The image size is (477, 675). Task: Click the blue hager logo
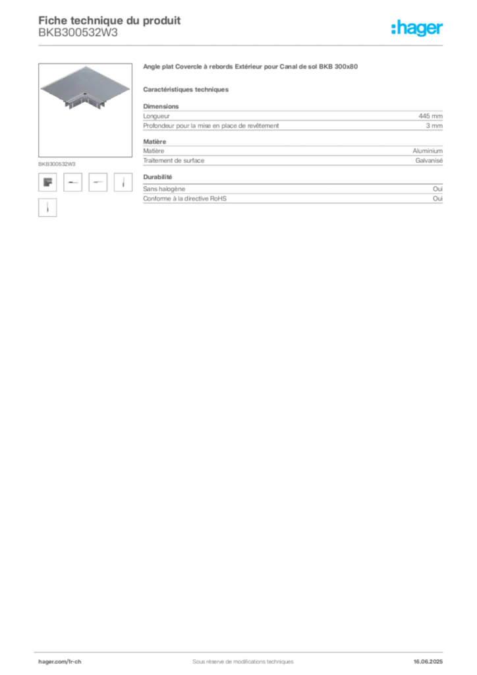point(418,29)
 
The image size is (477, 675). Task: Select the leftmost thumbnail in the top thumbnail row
point(47,181)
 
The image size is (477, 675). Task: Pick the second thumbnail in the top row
point(72,182)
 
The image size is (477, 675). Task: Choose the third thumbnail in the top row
point(98,182)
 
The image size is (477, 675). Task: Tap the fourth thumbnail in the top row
point(123,181)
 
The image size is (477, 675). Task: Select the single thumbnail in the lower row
point(47,208)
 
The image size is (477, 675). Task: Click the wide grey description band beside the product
point(292,118)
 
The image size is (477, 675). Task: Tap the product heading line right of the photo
point(250,67)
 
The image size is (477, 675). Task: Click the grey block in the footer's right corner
point(433,658)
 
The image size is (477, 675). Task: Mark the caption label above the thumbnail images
point(58,162)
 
